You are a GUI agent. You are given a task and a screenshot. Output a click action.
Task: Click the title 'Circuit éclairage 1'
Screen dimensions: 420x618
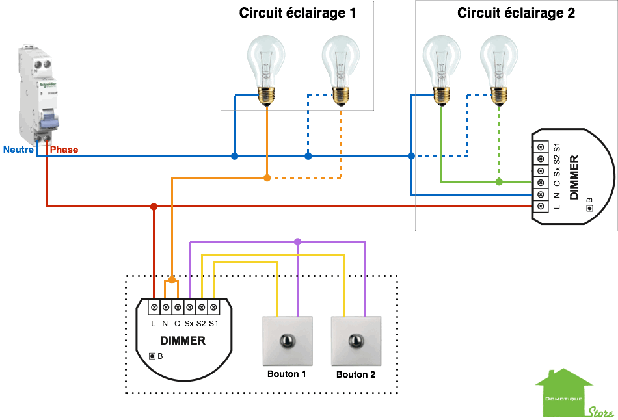297,13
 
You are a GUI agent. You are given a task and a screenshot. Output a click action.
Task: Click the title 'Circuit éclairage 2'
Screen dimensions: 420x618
516,13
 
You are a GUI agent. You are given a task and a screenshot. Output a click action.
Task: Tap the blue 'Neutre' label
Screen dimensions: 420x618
18,150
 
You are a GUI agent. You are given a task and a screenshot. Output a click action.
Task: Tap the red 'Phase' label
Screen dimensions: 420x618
64,150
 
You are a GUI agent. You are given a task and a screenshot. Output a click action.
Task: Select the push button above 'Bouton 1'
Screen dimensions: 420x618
286,341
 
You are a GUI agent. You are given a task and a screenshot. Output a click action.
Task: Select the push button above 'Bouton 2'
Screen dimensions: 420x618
355,341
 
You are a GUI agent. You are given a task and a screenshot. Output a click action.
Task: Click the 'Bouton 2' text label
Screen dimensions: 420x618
355,374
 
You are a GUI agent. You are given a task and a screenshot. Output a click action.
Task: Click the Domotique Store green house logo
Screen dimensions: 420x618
564,393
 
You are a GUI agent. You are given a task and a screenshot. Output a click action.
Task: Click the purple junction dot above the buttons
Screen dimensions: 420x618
297,242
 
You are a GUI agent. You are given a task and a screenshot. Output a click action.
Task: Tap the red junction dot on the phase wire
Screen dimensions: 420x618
154,207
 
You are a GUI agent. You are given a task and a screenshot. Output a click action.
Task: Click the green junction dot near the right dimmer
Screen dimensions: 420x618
499,181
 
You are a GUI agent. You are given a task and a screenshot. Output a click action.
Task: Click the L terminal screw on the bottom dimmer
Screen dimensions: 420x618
154,306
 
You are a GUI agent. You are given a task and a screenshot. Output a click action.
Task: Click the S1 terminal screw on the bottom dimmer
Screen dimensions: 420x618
213,306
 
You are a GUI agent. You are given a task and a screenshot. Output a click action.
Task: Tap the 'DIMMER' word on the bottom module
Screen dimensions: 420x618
183,341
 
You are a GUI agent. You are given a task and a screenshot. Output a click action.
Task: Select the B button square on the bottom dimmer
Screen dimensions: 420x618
152,356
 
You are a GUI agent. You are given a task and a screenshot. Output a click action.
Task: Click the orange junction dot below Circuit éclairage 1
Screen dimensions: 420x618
267,177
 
